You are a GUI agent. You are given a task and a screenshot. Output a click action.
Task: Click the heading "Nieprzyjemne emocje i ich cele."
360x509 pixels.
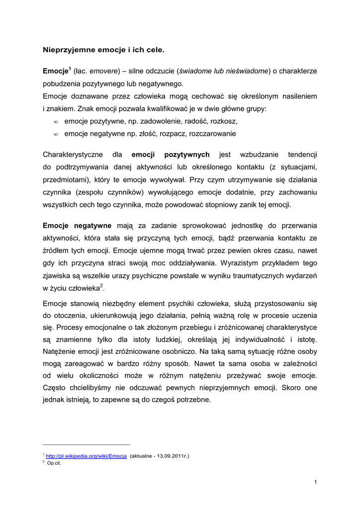point(103,50)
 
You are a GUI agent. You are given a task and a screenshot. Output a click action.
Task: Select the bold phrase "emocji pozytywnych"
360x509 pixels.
point(171,155)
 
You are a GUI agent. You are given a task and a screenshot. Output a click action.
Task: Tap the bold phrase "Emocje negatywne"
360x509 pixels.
point(77,226)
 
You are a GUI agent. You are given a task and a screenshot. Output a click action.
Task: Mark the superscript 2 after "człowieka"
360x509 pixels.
point(101,285)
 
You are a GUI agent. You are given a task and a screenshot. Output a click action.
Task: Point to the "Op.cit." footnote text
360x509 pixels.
point(54,463)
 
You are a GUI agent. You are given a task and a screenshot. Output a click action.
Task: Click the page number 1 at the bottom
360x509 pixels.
point(316,482)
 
